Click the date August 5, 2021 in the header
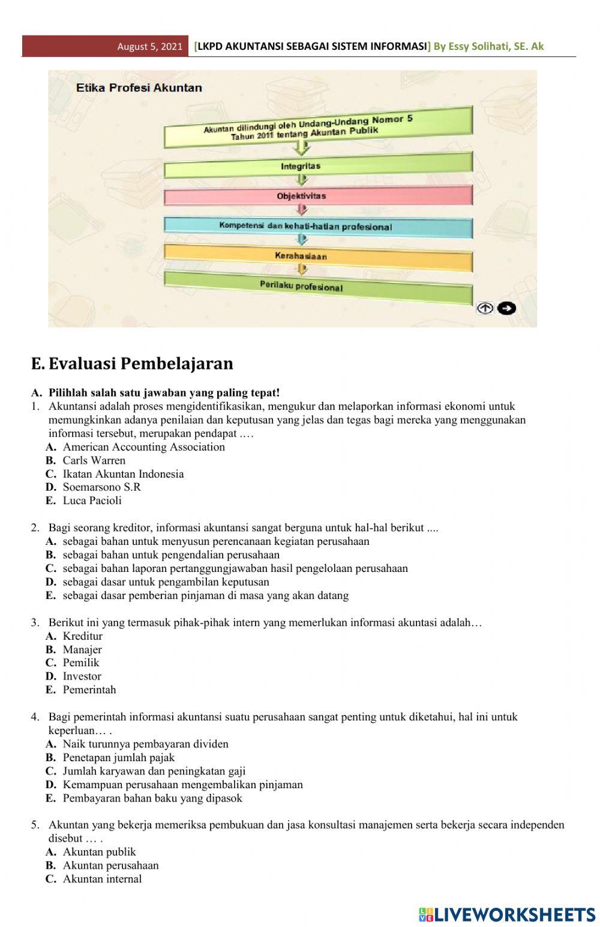coord(149,46)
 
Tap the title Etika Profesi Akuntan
coord(139,88)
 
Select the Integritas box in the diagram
coord(318,166)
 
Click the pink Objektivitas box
coord(318,196)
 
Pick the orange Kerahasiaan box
coord(318,257)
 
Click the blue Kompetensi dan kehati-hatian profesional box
coord(318,227)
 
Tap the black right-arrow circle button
coord(507,308)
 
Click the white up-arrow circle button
coord(485,308)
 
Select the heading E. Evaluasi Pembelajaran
coord(132,363)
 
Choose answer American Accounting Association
coord(143,447)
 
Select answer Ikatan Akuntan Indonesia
coord(123,474)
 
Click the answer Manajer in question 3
coord(82,649)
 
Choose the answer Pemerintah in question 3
coord(89,690)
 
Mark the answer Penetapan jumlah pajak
coord(119,758)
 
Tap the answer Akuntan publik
coord(99,852)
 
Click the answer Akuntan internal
coord(102,879)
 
